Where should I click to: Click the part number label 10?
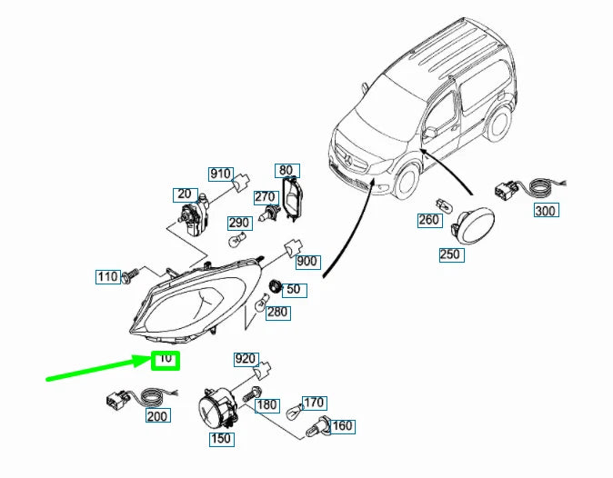[x=166, y=360]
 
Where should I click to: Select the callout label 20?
[x=186, y=194]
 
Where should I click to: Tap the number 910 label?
[x=221, y=174]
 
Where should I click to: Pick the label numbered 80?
[x=286, y=170]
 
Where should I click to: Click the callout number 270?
[x=265, y=197]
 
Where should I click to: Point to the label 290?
[x=239, y=223]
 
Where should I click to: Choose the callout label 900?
[x=307, y=262]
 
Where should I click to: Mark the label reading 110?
[x=108, y=276]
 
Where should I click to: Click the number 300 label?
[x=545, y=211]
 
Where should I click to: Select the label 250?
[x=450, y=254]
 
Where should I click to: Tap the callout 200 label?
[x=157, y=416]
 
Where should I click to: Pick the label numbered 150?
[x=221, y=440]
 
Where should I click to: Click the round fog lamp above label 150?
[x=218, y=406]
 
